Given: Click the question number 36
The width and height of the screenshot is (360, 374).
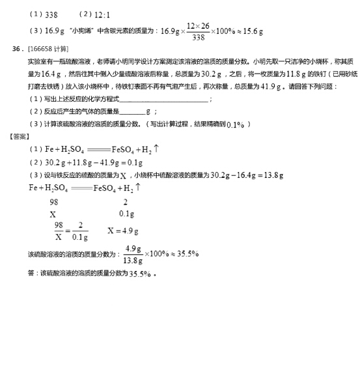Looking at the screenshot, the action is coord(18,49).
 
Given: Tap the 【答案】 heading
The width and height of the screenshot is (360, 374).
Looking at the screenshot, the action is coord(20,136).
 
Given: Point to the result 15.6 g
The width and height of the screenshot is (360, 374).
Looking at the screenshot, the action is coord(251,31).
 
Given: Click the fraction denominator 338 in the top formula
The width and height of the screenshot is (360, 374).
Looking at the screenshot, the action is coord(198,37).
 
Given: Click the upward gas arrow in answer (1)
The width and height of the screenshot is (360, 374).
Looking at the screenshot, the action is coord(156,149).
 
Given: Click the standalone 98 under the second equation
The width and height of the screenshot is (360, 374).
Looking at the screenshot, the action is coord(53,202).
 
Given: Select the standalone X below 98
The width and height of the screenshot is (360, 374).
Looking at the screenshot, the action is coord(53,214).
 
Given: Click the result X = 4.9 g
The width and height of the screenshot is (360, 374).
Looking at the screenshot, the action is coord(123,231).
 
